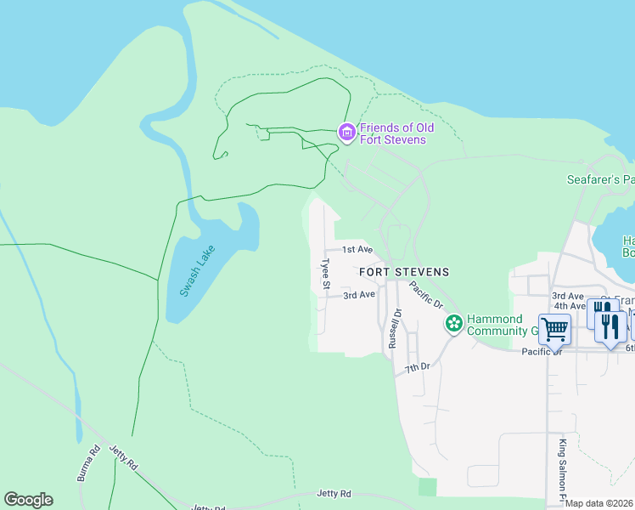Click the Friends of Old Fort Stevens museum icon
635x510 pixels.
[x=346, y=133]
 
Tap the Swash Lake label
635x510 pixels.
[x=196, y=271]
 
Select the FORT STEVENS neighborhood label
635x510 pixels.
[x=403, y=272]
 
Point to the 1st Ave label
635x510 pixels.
[x=357, y=249]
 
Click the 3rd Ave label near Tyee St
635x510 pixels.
[x=358, y=295]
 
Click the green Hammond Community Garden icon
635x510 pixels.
[x=454, y=323]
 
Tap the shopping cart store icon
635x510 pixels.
[x=554, y=328]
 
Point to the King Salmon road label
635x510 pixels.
[x=562, y=467]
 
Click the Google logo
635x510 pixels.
[x=28, y=500]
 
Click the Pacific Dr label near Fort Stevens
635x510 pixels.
[x=426, y=293]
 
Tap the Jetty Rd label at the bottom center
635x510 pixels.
[x=334, y=493]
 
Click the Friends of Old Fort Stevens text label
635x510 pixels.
[x=396, y=133]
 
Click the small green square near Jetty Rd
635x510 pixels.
[x=427, y=487]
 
